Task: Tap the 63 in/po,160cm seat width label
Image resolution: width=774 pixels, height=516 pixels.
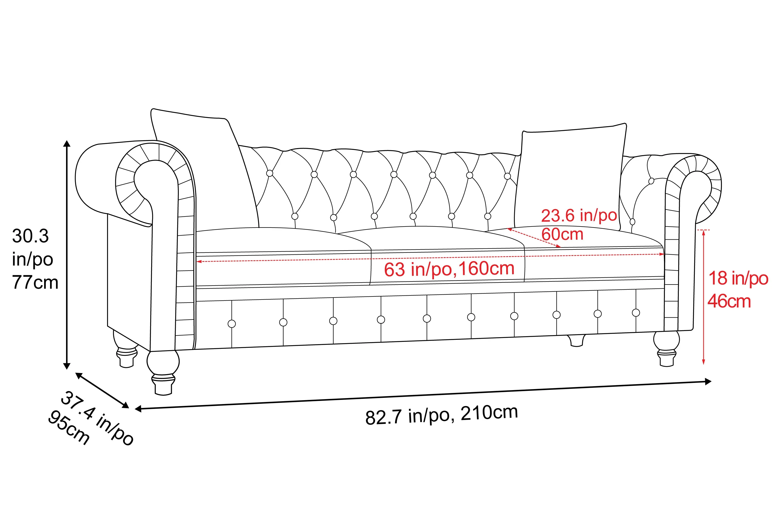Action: click(449, 269)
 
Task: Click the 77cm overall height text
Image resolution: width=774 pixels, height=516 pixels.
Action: click(35, 282)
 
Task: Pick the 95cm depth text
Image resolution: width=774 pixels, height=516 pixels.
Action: click(68, 428)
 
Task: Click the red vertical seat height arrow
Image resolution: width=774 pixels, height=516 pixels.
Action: click(704, 297)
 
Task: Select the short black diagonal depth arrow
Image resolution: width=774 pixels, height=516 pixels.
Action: click(102, 390)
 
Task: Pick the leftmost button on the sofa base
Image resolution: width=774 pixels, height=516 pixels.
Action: click(232, 324)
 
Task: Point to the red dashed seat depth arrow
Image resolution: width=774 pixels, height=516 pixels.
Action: click(534, 238)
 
